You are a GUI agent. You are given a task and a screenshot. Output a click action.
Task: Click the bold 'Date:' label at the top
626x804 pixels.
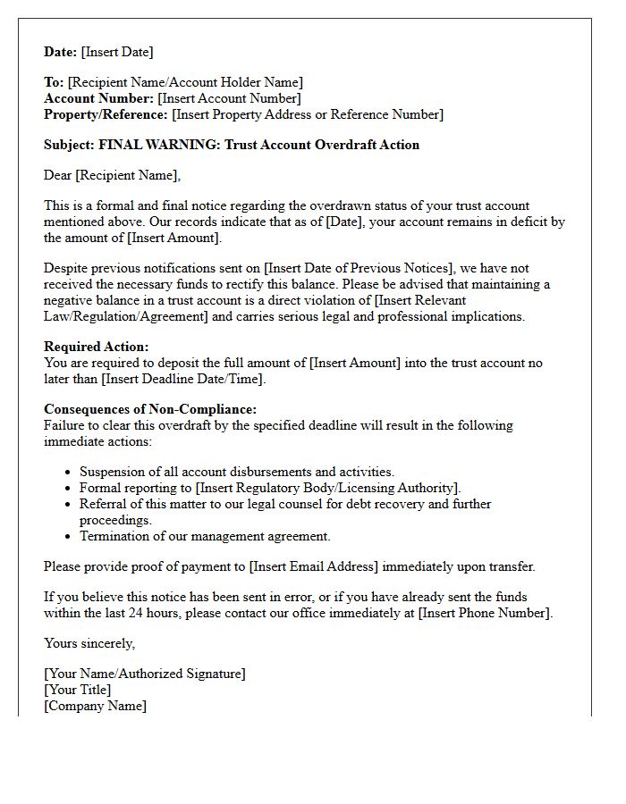[61, 52]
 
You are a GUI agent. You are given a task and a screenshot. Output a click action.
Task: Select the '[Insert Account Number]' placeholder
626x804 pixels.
[230, 98]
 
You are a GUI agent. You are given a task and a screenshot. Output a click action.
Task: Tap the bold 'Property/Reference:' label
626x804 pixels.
[106, 114]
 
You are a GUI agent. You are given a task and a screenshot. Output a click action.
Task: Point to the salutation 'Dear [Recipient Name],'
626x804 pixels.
[112, 175]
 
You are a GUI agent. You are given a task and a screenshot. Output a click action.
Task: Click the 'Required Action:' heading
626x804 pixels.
[97, 347]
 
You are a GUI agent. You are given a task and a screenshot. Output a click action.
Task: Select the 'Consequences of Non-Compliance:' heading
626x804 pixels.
[150, 409]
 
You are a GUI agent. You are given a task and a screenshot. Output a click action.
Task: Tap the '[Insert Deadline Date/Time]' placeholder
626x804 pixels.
[183, 379]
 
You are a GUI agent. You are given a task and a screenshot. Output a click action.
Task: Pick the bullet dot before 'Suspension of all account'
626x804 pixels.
[69, 473]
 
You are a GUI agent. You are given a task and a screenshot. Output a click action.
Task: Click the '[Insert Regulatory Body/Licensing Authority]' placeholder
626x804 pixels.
[327, 488]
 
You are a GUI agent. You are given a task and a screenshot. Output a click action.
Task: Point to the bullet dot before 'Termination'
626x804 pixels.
[69, 537]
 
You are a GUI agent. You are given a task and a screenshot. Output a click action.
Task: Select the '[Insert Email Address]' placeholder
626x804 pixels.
[314, 566]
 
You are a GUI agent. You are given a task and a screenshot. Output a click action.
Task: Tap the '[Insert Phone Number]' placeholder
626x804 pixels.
[485, 613]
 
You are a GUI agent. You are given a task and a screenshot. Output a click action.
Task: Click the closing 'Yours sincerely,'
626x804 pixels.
[89, 643]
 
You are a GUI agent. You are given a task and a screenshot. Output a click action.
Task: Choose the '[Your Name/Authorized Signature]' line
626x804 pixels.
[144, 674]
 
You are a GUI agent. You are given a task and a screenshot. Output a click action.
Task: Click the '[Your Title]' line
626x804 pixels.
[78, 690]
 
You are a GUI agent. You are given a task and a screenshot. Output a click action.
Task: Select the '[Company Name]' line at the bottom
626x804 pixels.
[95, 706]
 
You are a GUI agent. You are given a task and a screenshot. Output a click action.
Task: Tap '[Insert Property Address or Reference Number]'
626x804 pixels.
[307, 114]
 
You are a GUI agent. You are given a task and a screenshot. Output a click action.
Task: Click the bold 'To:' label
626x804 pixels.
[54, 82]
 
